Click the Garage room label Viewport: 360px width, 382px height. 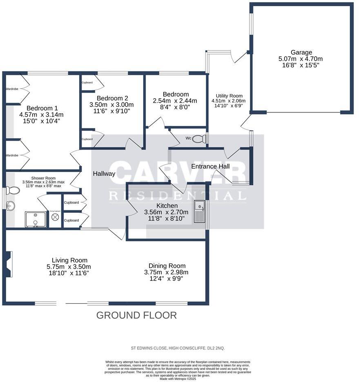coord(301,52)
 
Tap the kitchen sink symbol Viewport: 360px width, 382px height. coord(199,212)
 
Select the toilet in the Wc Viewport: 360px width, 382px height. coord(198,139)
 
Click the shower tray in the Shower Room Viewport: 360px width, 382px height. coord(35,219)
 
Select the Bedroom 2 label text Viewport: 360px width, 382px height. coord(112,98)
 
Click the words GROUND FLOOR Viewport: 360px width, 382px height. coord(136,315)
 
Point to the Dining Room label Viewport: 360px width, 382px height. coord(167,265)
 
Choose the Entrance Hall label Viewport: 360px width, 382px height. coord(210,166)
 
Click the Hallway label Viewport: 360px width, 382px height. coord(104,174)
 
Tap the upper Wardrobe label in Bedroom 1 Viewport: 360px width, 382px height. coord(12,88)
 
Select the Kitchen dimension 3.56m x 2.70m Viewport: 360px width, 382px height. coord(166,212)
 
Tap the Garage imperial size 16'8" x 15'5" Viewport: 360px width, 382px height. coord(301,65)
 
